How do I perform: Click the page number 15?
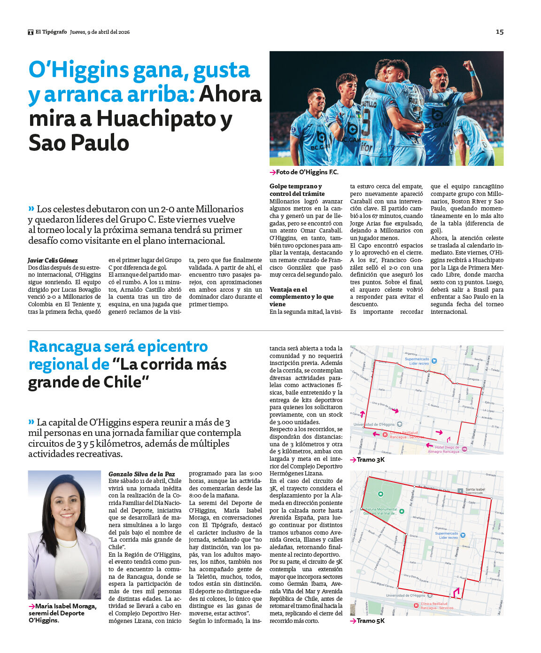pos(500,32)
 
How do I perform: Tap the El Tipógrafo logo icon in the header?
pos(31,32)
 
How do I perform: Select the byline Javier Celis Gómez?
pos(53,260)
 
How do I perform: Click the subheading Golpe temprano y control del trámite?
pos(297,190)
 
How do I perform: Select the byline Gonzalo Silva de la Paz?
pos(141,474)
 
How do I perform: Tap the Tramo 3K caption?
pos(370,459)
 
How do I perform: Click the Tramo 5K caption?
pos(370,621)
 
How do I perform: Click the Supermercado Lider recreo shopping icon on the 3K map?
pos(434,361)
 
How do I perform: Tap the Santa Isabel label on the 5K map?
pos(475,490)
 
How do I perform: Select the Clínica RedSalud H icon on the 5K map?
pos(416,606)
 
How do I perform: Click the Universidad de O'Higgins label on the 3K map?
pos(374,424)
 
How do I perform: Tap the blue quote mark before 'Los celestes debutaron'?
pos(31,209)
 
